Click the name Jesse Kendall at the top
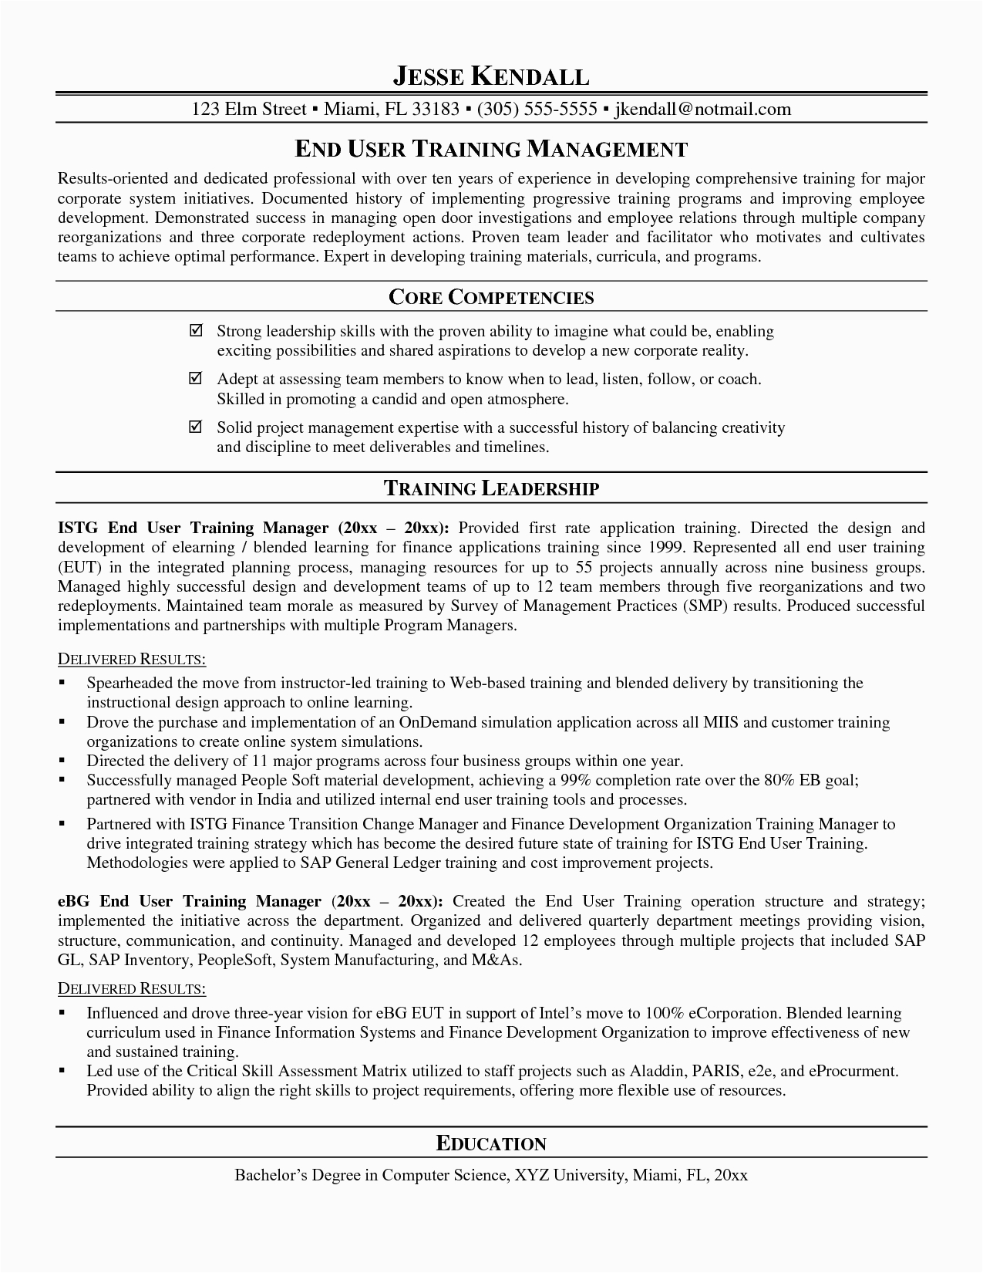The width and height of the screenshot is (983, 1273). point(491,76)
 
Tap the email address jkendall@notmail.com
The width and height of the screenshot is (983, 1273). point(702,109)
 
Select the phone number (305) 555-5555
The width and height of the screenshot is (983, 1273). point(537,109)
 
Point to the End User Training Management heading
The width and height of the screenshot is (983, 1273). point(491,148)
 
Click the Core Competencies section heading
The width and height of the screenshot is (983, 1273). point(491,297)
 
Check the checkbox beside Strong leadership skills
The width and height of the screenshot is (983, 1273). point(196,330)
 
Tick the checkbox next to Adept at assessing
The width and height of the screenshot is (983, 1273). point(196,378)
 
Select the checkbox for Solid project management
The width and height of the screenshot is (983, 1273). point(196,427)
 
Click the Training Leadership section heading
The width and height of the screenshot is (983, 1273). point(491,488)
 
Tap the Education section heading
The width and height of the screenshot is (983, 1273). point(491,1143)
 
